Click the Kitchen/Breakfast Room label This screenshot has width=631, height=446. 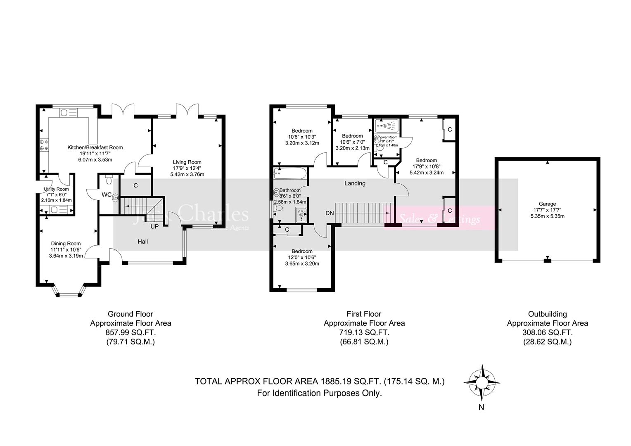coord(95,147)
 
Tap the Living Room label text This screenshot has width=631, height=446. coord(187,162)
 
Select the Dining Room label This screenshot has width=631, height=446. coord(66,244)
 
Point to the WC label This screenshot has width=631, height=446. coord(106,195)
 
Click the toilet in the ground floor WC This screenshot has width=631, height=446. coord(109,180)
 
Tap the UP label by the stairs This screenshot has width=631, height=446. coord(154,227)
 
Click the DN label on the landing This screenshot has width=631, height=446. coord(329,214)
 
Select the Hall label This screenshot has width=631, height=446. coord(143,242)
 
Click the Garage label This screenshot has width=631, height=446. coord(547,204)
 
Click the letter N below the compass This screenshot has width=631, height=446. coord(481,408)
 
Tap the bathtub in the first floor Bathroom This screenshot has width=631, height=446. coord(290,173)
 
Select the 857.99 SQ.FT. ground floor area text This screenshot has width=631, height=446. coord(130,332)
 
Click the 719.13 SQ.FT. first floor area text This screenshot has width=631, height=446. coord(364,332)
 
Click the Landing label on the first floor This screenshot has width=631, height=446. coord(355,183)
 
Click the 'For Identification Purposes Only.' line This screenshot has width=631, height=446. coord(319,393)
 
